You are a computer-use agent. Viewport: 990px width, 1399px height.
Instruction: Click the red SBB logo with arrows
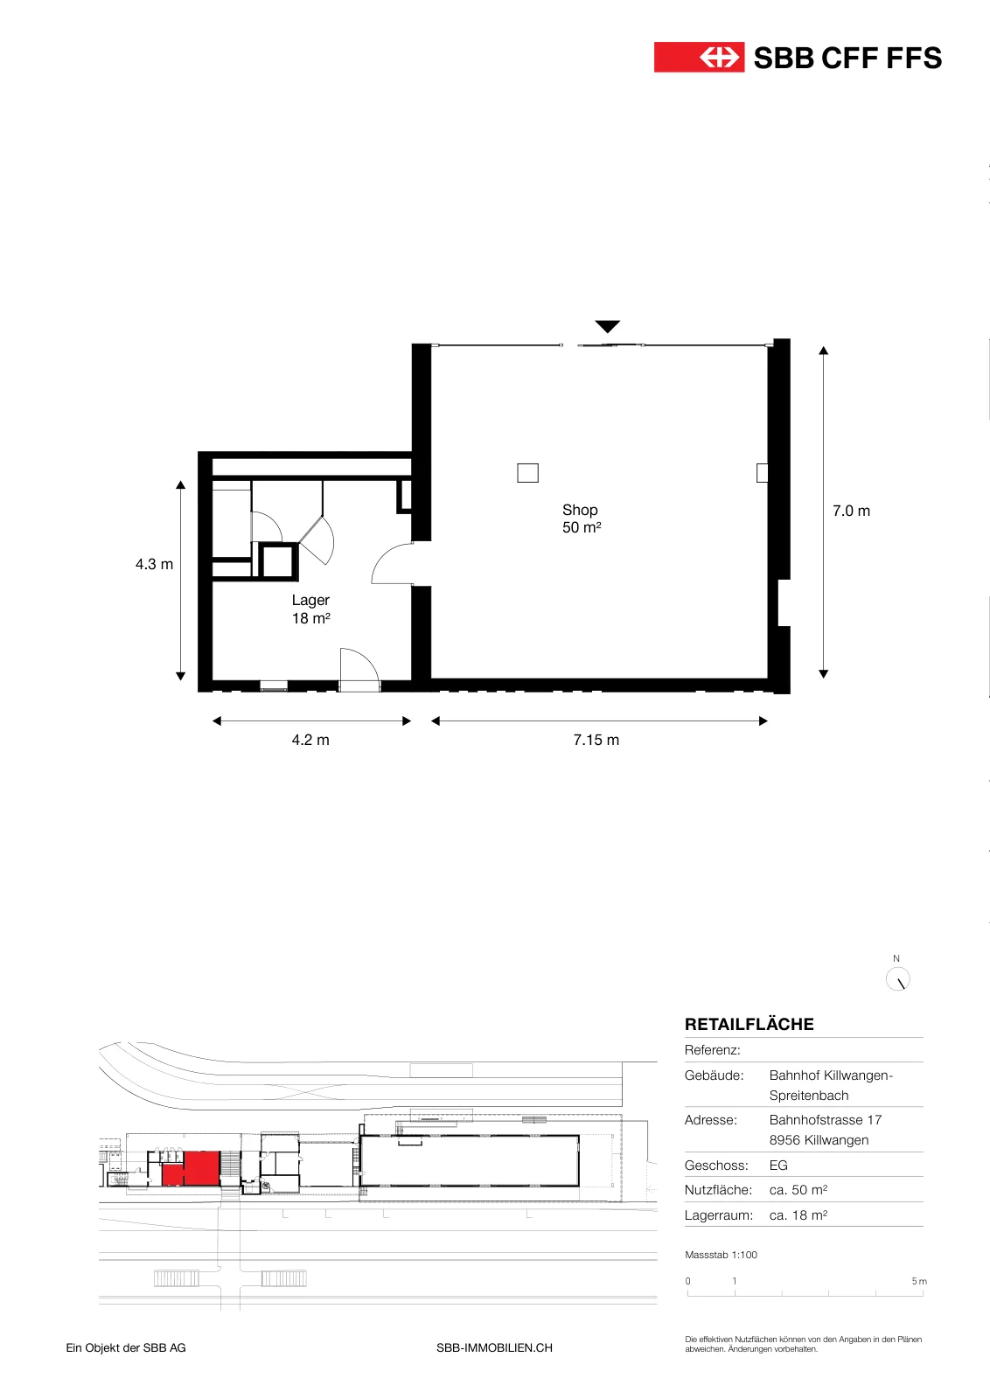coord(699,58)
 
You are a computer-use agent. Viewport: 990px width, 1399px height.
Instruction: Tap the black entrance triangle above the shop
coord(607,326)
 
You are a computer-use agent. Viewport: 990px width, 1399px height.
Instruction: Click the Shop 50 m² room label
coord(581,519)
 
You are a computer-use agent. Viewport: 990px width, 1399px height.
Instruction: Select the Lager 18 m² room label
coord(310,609)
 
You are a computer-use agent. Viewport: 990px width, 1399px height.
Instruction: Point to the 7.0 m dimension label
coord(851,511)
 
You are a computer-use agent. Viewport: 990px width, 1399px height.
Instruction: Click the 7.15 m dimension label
coord(596,740)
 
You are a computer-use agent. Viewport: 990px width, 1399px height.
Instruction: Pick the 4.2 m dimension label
coord(310,740)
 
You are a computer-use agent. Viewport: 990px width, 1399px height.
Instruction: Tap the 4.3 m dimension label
coord(154,565)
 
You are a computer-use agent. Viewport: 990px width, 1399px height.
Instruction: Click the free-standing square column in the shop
coord(527,473)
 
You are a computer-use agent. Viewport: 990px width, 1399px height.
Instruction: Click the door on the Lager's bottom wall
coord(359,668)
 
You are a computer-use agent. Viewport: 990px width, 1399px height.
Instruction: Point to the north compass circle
coord(897,979)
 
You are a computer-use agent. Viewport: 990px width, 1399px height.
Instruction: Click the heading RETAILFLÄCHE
coord(749,1024)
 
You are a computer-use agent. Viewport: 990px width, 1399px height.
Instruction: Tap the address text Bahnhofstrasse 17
coord(825,1120)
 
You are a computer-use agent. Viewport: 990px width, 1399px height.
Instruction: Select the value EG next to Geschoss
coord(778,1166)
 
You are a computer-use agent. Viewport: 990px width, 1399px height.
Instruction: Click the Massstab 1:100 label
coord(721,1255)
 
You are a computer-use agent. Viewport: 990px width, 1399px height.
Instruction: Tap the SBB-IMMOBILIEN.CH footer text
coord(494,1347)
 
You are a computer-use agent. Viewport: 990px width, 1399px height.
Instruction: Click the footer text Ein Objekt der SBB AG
coord(126,1347)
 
